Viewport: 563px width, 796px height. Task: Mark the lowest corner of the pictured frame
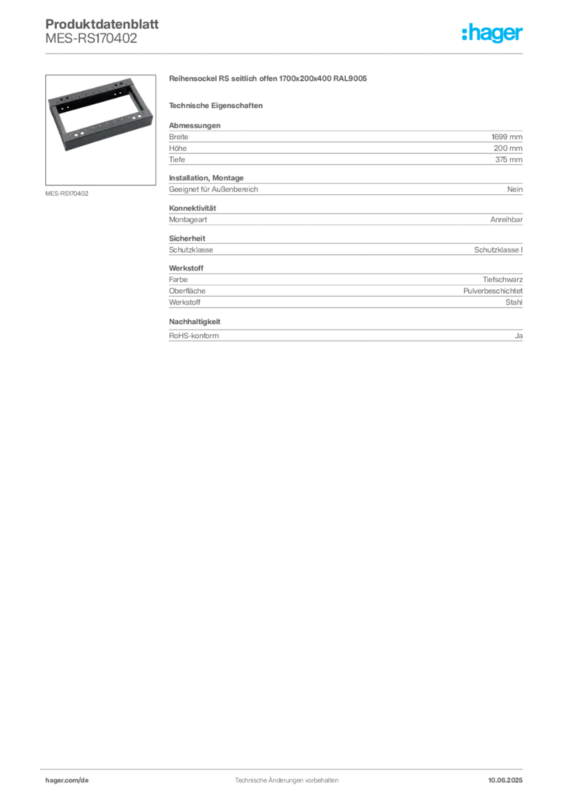pos(71,152)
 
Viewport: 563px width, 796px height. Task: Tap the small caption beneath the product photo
pos(68,193)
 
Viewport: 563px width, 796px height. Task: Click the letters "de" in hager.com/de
pos(86,780)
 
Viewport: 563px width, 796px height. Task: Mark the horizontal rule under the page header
pos(286,53)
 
